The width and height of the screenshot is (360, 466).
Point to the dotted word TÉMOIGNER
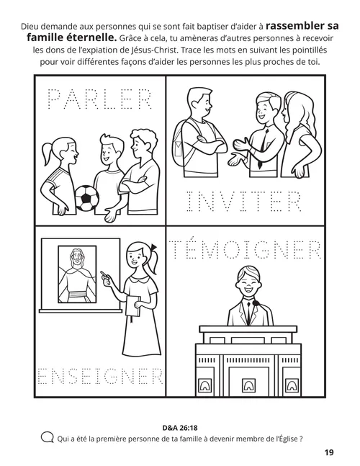click(247, 251)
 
